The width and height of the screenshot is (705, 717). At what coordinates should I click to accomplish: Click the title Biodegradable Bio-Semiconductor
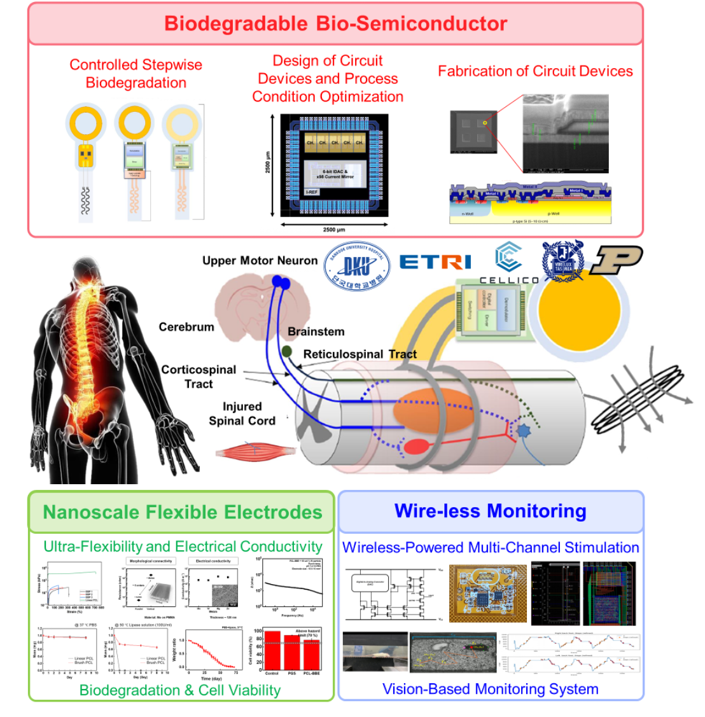coord(335,24)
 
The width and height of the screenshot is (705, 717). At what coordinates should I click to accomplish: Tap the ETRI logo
coord(435,261)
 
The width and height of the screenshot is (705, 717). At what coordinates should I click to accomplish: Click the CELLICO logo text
coord(508,280)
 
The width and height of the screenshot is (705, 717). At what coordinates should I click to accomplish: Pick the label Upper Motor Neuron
coord(260,261)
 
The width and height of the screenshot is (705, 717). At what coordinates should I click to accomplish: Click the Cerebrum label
coord(186,327)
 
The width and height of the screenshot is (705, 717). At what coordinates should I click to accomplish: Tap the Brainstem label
coord(316,331)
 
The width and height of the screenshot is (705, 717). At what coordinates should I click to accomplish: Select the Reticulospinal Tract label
coord(360,354)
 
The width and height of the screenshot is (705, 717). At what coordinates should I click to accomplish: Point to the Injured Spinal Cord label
coord(242,414)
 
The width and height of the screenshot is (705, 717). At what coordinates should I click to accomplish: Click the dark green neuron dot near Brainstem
coord(287,351)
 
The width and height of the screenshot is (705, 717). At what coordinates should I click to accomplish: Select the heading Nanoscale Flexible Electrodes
coord(182,512)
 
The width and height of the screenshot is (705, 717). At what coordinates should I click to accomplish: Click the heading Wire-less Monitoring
coord(490,511)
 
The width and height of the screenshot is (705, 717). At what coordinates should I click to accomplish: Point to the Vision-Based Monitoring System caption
coord(490,689)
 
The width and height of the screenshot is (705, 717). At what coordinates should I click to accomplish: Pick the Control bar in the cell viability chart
coord(272,649)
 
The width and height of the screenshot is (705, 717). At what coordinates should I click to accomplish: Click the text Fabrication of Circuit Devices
coord(535,71)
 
